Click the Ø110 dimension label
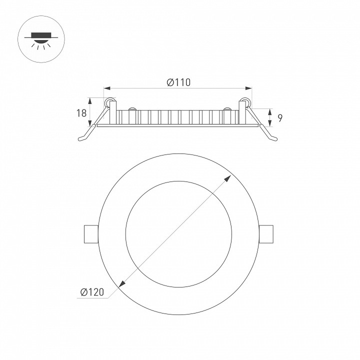click(x=178, y=82)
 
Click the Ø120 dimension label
click(x=92, y=292)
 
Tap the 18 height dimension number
click(x=81, y=113)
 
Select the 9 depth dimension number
click(x=280, y=118)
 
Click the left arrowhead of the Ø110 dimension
click(x=107, y=88)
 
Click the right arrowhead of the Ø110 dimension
click(x=248, y=88)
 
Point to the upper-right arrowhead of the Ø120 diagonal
click(x=228, y=178)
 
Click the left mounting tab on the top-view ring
click(x=91, y=234)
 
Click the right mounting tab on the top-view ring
click(x=266, y=234)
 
